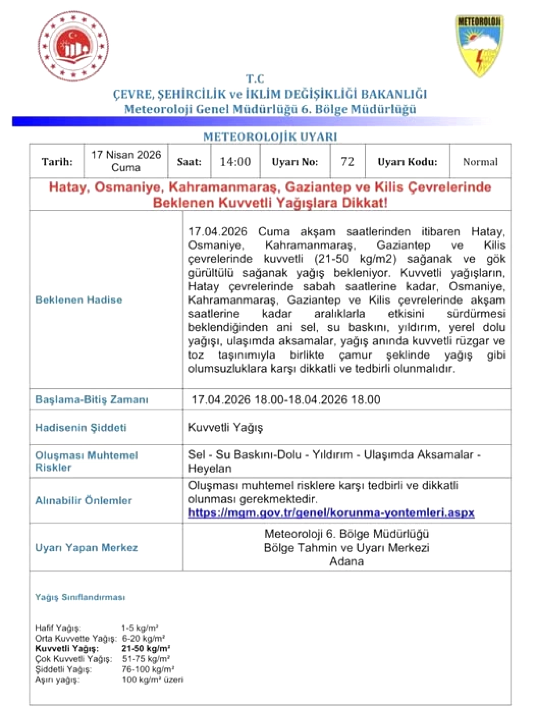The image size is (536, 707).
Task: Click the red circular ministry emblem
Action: coord(73,46)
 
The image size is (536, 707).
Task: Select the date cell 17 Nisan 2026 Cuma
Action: coord(126,161)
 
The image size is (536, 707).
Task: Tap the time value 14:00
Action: coord(235,162)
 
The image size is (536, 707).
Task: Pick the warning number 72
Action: coord(347,162)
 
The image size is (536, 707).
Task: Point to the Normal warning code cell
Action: coord(480,162)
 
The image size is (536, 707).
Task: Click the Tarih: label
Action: coord(57,162)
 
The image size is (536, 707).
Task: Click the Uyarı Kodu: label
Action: coord(407,162)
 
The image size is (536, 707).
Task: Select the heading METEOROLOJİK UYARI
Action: coord(270,137)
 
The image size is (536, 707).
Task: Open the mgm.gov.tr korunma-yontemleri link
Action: coord(331,513)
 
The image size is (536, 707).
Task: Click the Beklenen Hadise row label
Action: coord(79,300)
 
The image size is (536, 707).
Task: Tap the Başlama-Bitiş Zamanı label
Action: coord(92,400)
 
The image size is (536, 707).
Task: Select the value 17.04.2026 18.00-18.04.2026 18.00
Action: coord(286,400)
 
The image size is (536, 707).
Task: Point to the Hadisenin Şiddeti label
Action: coord(81,428)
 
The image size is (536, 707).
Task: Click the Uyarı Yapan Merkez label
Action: coord(86,548)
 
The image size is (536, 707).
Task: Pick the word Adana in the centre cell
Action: coord(347,561)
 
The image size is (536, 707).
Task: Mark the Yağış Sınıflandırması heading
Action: coord(80,597)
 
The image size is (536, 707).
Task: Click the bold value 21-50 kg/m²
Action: coord(146,648)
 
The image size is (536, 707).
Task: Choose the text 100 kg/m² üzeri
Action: coord(152,680)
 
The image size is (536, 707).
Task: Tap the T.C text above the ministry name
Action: coord(255,79)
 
